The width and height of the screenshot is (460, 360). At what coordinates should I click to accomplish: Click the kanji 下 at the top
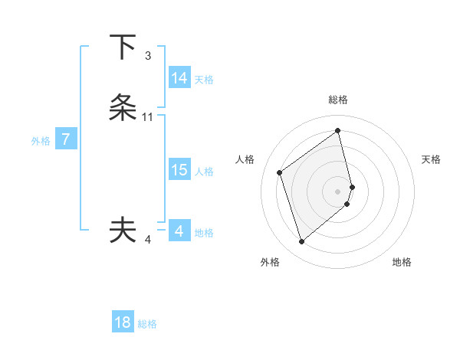click(x=123, y=47)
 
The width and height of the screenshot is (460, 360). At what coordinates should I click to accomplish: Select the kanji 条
click(x=123, y=108)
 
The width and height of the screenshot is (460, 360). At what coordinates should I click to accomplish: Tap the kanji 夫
click(x=123, y=230)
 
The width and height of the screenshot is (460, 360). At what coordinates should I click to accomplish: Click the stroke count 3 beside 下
click(x=148, y=55)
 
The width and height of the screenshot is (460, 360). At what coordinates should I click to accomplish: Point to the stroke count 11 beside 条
click(x=148, y=117)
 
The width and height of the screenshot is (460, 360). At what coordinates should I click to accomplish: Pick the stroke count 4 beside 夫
click(x=148, y=240)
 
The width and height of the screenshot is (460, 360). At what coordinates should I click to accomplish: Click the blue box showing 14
click(x=179, y=78)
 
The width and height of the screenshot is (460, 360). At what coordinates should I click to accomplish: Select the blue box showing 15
click(x=179, y=170)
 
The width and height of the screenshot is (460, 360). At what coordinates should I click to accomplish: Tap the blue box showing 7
click(x=66, y=139)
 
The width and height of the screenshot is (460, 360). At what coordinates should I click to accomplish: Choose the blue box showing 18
click(x=123, y=322)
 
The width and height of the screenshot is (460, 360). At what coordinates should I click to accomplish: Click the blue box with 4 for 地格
click(x=179, y=231)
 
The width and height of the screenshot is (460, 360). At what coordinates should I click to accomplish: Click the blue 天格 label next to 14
click(x=204, y=80)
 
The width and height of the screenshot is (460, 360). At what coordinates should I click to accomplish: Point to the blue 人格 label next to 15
click(x=205, y=172)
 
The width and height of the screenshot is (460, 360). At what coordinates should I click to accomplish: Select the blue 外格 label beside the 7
click(x=41, y=141)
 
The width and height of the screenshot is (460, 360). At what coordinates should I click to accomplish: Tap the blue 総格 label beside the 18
click(x=147, y=324)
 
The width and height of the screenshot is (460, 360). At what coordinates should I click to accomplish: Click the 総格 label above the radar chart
click(x=338, y=100)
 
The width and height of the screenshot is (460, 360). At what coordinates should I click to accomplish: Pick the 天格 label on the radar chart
click(x=432, y=159)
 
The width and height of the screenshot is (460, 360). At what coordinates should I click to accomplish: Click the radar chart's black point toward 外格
click(x=301, y=242)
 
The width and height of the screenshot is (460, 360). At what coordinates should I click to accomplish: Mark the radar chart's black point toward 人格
click(x=280, y=172)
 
